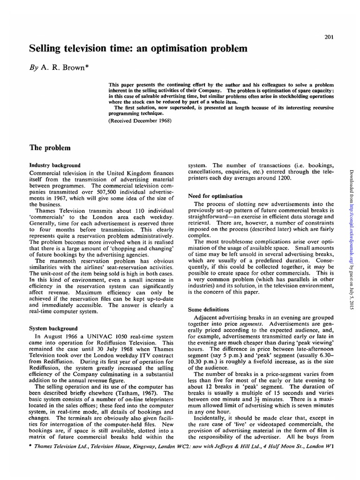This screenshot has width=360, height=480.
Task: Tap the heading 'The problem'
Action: (x=50, y=148)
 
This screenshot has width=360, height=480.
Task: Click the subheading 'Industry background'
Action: (x=54, y=165)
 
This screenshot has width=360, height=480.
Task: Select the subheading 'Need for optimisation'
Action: (x=215, y=195)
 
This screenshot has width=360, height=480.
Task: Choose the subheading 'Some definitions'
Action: (x=208, y=309)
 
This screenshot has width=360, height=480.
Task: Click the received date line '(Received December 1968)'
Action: (x=140, y=120)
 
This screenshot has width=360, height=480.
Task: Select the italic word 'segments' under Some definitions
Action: (x=250, y=324)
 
